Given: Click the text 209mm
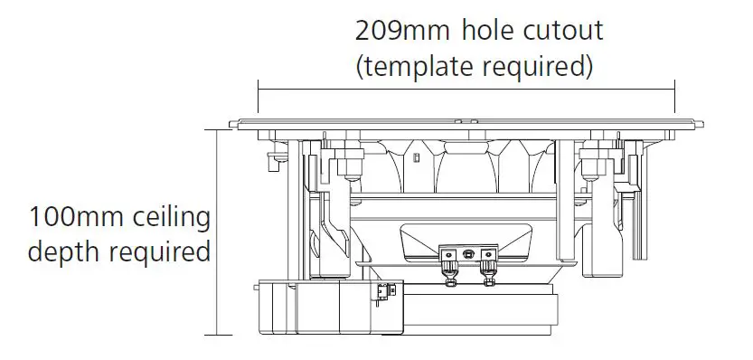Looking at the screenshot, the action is click(402, 32).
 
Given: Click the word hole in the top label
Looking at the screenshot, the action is click(488, 30).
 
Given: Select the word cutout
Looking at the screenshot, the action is click(563, 31).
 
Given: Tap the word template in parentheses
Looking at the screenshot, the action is click(418, 66).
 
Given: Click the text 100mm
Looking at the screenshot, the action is click(77, 217).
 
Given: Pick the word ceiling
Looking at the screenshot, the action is click(172, 217).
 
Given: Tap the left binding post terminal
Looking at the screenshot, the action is click(449, 270).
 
